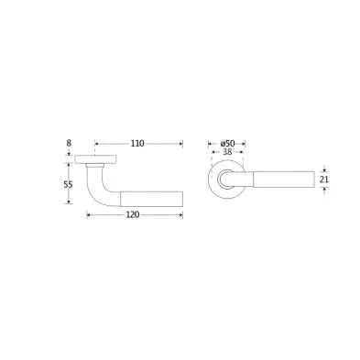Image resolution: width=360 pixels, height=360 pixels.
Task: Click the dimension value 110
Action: (137, 143)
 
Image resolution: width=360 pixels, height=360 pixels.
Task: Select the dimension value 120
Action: (133, 215)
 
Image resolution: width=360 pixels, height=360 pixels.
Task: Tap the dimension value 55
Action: (69, 184)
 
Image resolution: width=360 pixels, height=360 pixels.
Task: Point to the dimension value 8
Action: (69, 143)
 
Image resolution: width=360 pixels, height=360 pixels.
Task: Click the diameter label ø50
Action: (227, 143)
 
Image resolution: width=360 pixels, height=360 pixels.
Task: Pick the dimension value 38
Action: (227, 152)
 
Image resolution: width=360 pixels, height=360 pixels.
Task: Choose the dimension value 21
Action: (324, 180)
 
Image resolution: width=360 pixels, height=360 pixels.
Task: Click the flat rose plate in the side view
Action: (96, 159)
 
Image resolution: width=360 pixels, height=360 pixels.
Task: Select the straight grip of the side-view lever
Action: (152, 199)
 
